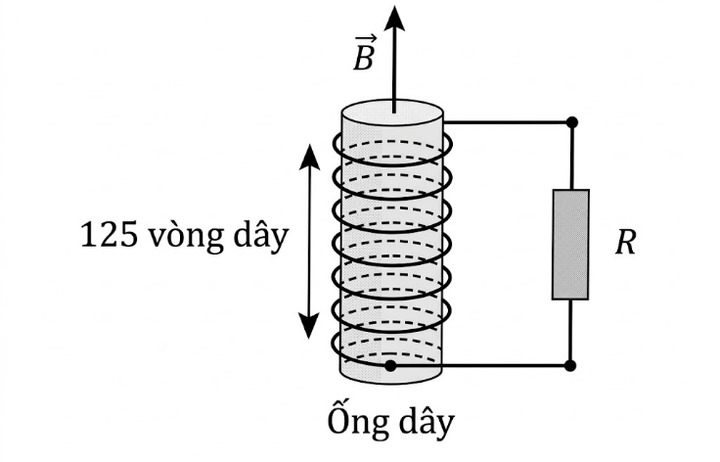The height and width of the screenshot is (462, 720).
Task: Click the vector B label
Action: tap(364, 57)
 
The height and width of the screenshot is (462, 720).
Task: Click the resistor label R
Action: tap(625, 242)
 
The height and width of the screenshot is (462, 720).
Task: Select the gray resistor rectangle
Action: tap(570, 244)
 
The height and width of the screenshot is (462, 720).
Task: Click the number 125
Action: tap(110, 237)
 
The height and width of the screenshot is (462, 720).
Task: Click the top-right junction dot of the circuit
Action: tap(571, 122)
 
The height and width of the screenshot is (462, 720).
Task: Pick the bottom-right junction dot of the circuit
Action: tap(571, 365)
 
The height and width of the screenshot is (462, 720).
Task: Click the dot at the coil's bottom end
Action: tap(390, 365)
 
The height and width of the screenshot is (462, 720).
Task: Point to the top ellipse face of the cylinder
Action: tap(392, 112)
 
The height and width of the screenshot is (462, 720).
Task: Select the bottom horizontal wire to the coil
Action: tap(479, 365)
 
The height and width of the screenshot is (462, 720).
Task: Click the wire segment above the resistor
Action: tap(571, 157)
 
